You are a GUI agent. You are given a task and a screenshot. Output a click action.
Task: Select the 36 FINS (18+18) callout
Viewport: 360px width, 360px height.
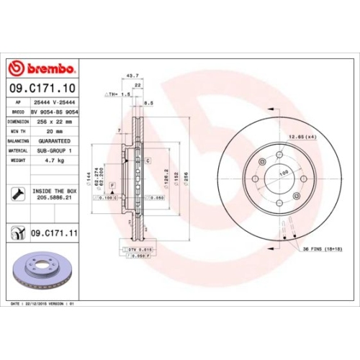[321, 248]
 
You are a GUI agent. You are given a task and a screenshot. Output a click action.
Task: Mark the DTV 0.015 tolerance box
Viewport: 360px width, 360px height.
[134, 248]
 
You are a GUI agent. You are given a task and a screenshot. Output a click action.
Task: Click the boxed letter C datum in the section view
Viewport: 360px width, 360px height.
[147, 161]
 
